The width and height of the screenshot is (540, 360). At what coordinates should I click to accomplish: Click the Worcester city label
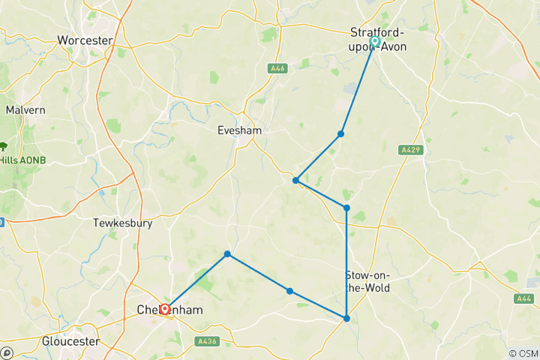85,40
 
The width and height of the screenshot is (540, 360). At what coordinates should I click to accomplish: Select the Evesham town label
239,130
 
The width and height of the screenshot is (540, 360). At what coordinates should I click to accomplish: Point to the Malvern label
25,109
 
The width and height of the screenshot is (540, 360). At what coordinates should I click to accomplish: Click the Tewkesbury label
123,223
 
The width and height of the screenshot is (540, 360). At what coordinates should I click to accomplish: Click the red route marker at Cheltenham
164,308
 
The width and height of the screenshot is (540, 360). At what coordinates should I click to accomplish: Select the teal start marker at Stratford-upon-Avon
374,42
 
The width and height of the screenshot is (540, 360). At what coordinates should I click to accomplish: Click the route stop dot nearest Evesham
296,181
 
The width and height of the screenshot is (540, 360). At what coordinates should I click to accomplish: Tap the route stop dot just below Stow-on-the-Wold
346,319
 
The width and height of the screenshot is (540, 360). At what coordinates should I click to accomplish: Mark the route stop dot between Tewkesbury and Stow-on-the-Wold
227,254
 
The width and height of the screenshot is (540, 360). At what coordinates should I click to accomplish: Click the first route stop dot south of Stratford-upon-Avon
340,134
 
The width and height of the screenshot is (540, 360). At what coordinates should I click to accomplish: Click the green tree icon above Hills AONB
4,146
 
